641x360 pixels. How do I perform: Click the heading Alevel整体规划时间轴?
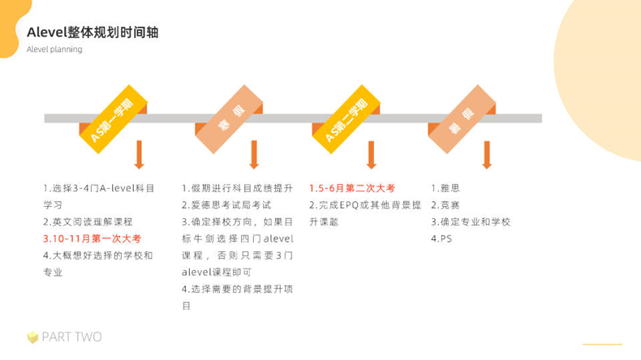coord(92,32)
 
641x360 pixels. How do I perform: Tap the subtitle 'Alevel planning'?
coord(54,49)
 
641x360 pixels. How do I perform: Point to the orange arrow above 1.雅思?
coord(486,155)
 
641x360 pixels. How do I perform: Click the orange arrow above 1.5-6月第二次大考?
coord(371,155)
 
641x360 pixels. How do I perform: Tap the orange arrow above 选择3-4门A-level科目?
coord(139,155)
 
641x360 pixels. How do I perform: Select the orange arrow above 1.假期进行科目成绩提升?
coord(254,155)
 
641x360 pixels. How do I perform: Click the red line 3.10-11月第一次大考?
coord(92,238)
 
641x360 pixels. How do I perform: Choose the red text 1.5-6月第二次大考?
coord(351,188)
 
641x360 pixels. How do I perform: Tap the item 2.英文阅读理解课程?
coord(88,221)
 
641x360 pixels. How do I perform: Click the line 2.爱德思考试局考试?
coord(226,205)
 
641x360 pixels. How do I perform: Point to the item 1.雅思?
coord(445,188)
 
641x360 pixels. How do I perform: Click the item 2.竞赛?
coord(445,205)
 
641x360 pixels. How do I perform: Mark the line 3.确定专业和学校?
coord(471,221)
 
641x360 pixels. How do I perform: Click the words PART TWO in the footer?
coord(72,337)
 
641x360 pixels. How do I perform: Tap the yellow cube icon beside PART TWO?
coord(32,337)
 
